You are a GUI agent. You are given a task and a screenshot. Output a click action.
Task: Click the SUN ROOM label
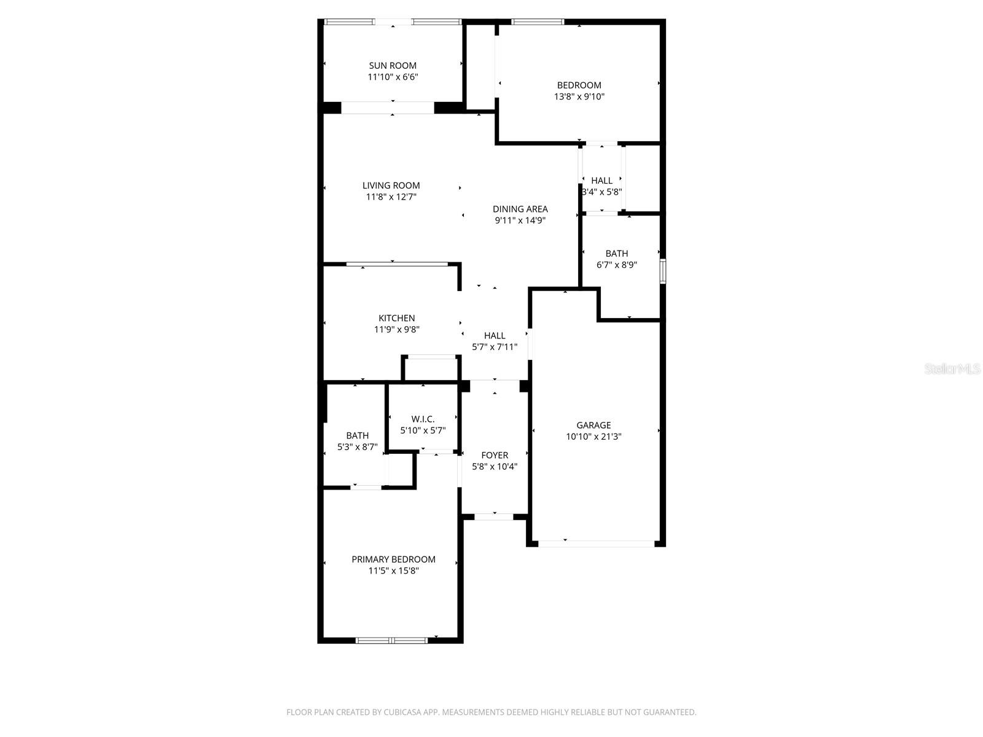pos(393,65)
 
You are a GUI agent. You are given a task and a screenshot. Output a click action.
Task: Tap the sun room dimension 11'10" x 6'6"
pos(393,77)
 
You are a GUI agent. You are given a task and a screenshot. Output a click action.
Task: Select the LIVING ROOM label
pos(391,185)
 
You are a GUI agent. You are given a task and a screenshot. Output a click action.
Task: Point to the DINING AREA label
pos(520,209)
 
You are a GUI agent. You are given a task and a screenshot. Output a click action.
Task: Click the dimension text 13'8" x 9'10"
pos(579,96)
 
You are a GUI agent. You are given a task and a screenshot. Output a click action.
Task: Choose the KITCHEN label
pos(397,318)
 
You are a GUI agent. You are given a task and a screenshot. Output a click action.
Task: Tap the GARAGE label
pos(593,425)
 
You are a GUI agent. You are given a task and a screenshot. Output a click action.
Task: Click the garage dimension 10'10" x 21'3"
pos(593,436)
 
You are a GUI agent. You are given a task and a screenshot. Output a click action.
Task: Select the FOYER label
pos(495,455)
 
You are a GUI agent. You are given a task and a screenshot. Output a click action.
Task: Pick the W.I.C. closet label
pos(423,419)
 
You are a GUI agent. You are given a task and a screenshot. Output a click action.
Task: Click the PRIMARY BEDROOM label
pos(393,560)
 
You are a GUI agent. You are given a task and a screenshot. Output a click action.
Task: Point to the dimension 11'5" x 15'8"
pos(393,571)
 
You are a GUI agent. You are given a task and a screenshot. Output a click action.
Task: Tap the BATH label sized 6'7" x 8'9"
pos(617,253)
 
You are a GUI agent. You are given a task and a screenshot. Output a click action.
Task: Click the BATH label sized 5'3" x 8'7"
pos(358,435)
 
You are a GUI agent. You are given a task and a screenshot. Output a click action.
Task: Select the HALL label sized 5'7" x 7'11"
pos(495,335)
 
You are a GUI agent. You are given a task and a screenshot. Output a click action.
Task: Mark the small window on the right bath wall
pos(663,271)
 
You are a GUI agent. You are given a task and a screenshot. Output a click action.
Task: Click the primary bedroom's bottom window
pos(392,641)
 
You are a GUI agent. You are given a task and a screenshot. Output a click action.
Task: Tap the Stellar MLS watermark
pos(952,368)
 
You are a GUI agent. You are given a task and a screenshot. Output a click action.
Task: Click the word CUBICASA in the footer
pos(402,712)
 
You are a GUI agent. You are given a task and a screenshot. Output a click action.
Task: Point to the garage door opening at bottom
pos(596,544)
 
